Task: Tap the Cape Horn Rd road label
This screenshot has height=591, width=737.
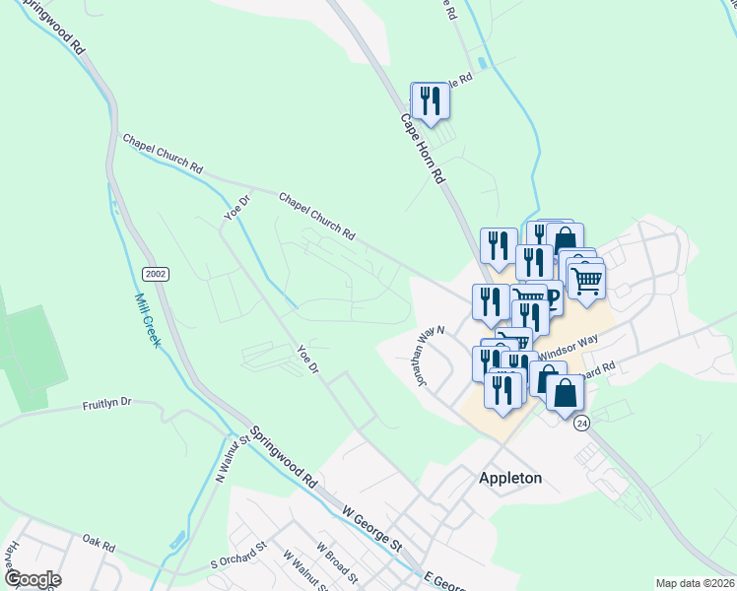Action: [x=424, y=150]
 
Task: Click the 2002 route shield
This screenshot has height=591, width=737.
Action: [x=155, y=273]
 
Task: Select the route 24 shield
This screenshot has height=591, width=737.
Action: [x=582, y=422]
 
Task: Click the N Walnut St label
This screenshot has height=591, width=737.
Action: [x=232, y=457]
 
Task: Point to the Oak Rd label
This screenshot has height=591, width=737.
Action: [x=100, y=541]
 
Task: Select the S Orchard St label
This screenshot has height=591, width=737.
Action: [x=239, y=556]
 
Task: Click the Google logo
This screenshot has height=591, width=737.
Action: [x=32, y=579]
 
